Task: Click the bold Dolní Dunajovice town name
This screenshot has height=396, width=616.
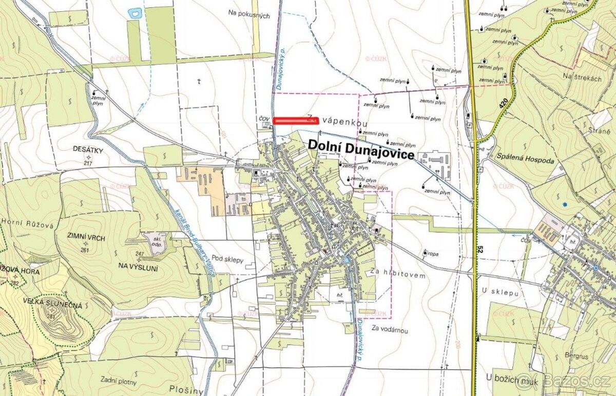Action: click(x=361, y=146)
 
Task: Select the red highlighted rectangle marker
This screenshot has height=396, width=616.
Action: click(x=296, y=121)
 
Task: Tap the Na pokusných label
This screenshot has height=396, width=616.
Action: click(x=249, y=16)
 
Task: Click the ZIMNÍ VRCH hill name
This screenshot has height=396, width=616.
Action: click(x=86, y=238)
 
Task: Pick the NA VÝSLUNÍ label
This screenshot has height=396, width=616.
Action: click(x=139, y=267)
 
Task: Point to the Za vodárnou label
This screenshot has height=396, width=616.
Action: click(x=390, y=330)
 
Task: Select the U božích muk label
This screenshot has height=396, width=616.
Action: click(x=513, y=378)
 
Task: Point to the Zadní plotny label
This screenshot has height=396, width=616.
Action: click(x=119, y=381)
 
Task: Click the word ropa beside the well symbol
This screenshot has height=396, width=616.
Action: click(x=433, y=253)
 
